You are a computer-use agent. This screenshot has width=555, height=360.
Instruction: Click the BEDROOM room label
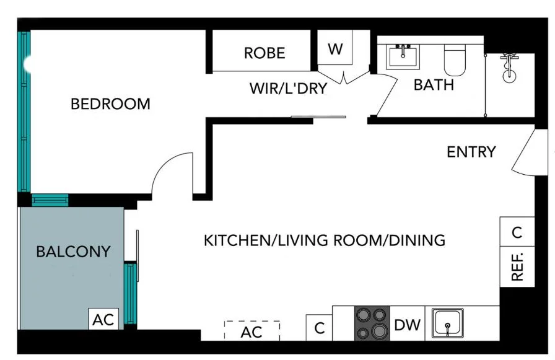tap(110, 103)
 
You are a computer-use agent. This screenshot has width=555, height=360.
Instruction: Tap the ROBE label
tap(264, 53)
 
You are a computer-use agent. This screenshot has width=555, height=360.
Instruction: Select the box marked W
tap(335, 49)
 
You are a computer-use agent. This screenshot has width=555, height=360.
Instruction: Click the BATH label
tap(434, 85)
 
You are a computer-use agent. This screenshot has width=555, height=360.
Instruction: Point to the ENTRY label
tap(471, 152)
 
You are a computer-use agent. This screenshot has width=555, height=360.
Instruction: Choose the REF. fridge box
tap(517, 267)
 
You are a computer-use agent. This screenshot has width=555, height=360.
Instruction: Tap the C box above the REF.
tap(517, 232)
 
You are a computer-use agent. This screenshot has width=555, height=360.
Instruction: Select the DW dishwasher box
tap(407, 324)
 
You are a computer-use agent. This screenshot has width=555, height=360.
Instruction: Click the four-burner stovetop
tap(372, 323)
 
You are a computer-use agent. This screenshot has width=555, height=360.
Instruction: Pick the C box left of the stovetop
tap(320, 328)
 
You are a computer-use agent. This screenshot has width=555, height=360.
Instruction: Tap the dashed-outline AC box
tap(251, 331)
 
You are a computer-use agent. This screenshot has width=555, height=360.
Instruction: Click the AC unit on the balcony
tap(103, 320)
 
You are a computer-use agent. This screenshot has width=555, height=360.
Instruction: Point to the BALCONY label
tap(73, 252)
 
